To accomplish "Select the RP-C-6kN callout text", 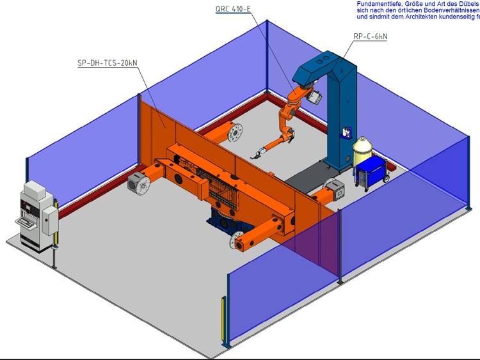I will [x=370, y=36].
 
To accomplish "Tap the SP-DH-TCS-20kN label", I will [x=105, y=63].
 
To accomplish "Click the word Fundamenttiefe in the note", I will [x=378, y=4].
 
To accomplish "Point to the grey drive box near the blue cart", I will [x=337, y=189].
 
